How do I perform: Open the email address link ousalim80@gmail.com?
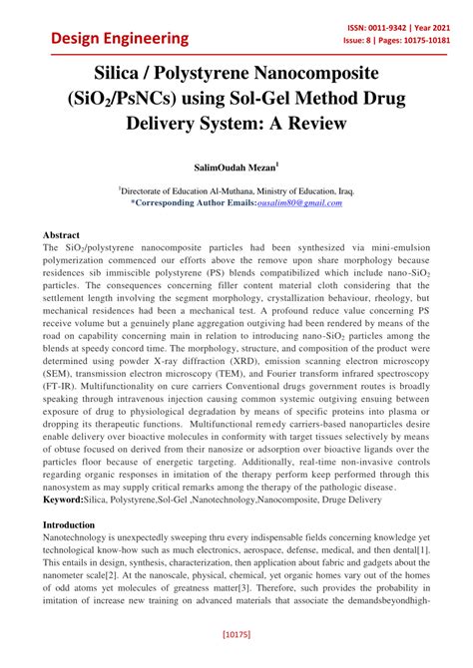[298, 202]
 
